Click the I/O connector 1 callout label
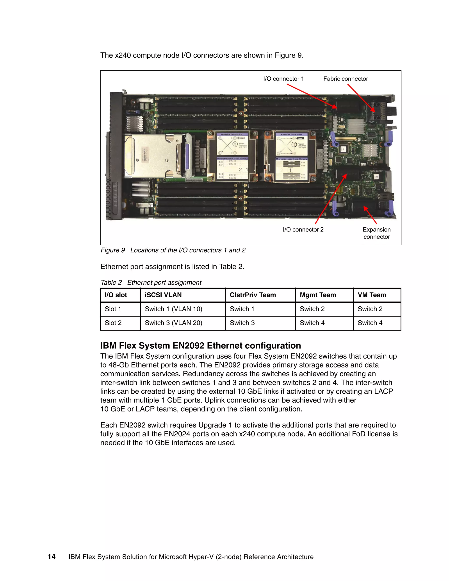point(283,79)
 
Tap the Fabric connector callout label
point(346,79)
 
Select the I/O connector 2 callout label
point(303,230)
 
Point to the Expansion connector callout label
point(376,233)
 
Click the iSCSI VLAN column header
point(163,295)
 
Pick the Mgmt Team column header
point(318,295)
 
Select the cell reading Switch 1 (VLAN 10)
point(173,309)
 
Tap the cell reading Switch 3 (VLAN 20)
point(173,323)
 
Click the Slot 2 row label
point(113,323)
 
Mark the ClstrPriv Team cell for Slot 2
point(242,323)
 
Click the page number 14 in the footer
point(52,556)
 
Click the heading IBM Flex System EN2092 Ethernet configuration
point(200,346)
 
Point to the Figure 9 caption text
point(173,250)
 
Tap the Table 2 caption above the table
point(151,283)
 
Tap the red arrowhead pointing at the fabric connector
point(373,110)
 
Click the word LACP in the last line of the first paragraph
point(145,409)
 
